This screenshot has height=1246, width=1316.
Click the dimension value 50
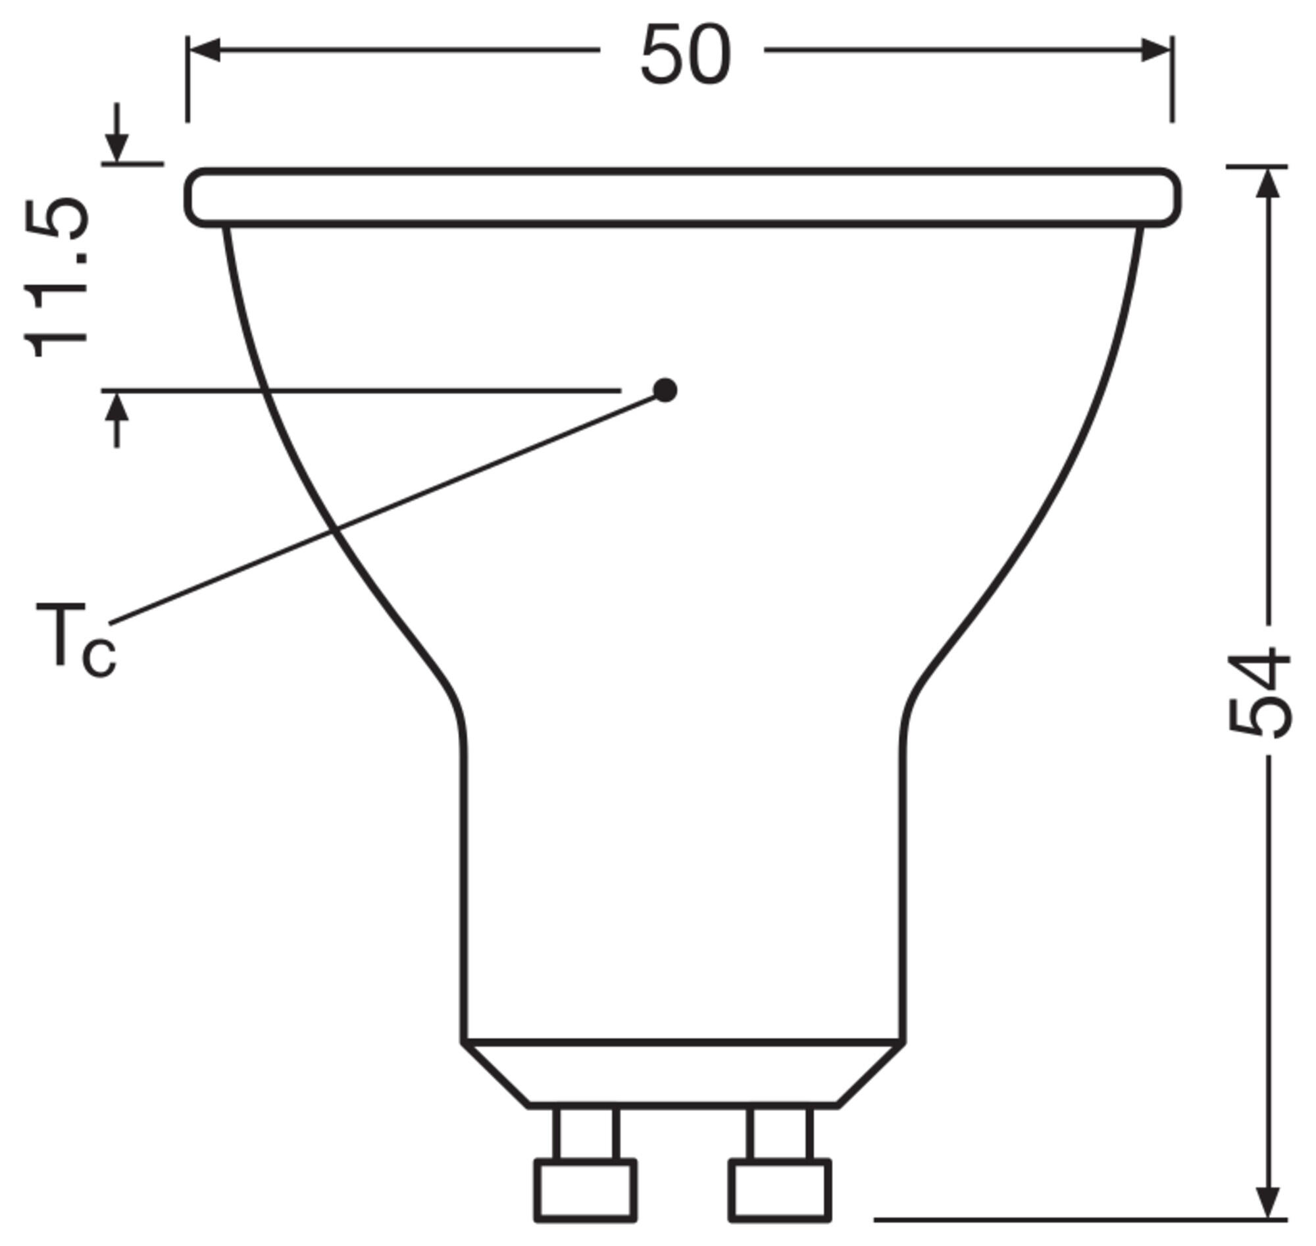tap(685, 55)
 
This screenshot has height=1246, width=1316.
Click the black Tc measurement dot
tap(665, 390)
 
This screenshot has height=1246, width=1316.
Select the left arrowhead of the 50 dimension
tap(205, 50)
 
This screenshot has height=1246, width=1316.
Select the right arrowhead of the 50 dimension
tap(1155, 50)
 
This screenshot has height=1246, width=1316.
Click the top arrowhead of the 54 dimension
tap(1268, 182)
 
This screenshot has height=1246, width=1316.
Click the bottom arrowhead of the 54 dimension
tap(1268, 1201)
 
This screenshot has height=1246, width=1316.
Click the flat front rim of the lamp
tap(682, 198)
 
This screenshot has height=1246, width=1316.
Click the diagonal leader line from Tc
tap(385, 509)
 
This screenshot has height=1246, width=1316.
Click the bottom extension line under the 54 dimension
tap(1076, 1219)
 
